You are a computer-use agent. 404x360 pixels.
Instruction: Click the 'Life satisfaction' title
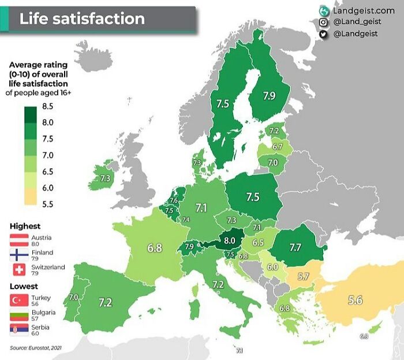[x=82, y=18]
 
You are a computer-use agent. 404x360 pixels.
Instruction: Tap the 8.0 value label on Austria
[x=230, y=239]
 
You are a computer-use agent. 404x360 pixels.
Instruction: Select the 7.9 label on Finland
[x=269, y=96]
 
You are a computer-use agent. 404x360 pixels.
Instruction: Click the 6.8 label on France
[x=154, y=248]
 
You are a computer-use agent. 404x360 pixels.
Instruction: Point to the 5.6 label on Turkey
[x=355, y=300]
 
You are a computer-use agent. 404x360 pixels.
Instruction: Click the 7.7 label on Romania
[x=295, y=247]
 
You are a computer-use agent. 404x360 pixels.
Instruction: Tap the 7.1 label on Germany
[x=201, y=207]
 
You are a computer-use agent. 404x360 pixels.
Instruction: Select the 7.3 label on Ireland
[x=105, y=179]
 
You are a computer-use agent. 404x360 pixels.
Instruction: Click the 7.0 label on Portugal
[x=73, y=297]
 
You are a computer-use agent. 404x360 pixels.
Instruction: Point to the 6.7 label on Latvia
[x=278, y=147]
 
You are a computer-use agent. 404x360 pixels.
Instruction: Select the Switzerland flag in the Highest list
[x=19, y=270]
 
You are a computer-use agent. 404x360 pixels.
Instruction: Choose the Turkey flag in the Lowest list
[x=19, y=300]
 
